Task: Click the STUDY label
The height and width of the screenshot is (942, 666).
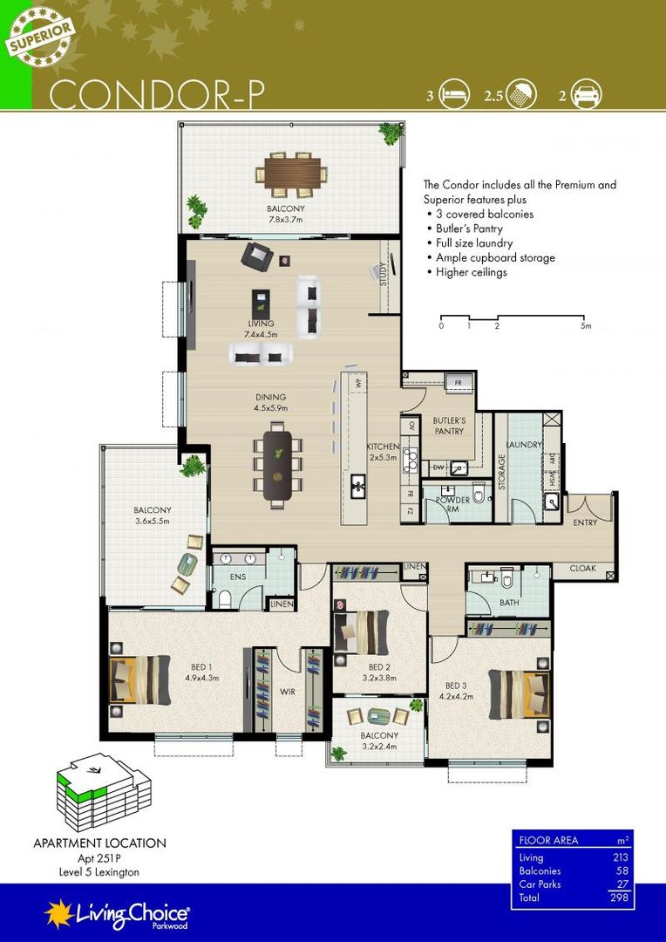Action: (x=384, y=276)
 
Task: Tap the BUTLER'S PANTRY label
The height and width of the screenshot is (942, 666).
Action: (x=450, y=426)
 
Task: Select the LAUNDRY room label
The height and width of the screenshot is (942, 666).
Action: (x=526, y=445)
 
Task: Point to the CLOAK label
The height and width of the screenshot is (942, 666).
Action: (x=582, y=568)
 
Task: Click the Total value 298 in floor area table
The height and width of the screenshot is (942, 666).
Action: (x=619, y=897)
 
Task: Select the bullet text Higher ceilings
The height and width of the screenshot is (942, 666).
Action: (x=471, y=272)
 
